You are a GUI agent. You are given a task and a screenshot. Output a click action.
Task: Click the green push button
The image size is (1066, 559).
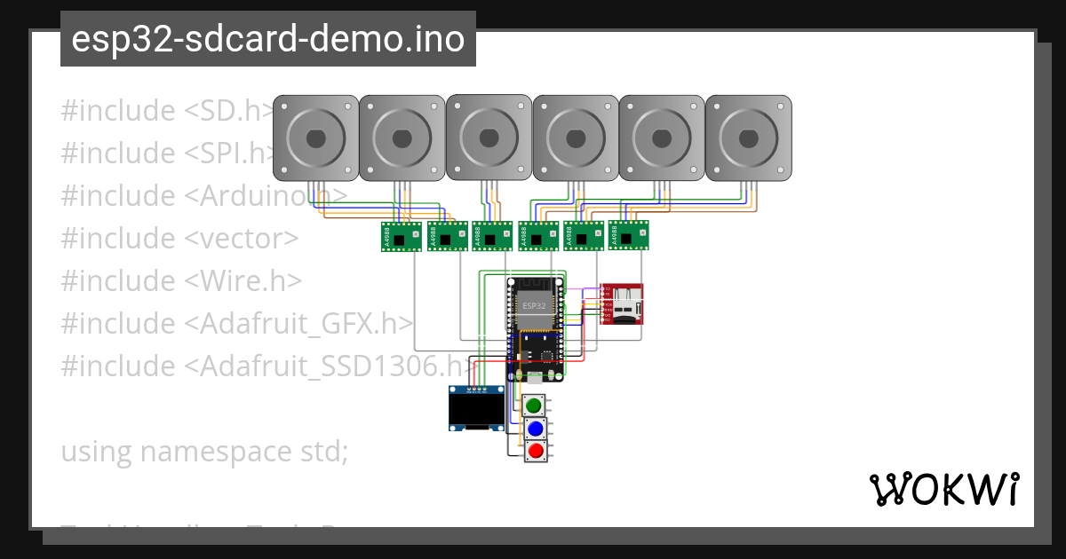coord(534,406)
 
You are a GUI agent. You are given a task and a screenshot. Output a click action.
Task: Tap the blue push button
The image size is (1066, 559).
coord(535,429)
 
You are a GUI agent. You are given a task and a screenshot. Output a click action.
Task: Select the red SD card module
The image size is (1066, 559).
coord(622,304)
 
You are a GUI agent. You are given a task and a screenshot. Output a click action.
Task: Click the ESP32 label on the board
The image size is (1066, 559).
coord(535,305)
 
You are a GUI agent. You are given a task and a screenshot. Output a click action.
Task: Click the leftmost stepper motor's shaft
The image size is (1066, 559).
coord(315,138)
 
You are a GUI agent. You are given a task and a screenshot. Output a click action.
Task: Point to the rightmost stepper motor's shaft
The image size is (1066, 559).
coord(748,138)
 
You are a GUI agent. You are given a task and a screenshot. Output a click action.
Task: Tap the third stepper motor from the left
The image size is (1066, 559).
coord(488,138)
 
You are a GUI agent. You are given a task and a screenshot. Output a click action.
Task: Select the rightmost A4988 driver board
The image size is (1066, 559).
coord(628,236)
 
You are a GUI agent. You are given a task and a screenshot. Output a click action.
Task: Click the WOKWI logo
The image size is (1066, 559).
coord(943,489)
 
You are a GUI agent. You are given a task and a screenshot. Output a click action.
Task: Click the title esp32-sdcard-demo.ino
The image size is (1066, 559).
coord(267,39)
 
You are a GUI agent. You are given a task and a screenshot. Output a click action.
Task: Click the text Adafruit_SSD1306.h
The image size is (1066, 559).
coord(332,366)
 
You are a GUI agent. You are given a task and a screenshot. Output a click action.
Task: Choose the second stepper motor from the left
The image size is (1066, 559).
coord(402,138)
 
